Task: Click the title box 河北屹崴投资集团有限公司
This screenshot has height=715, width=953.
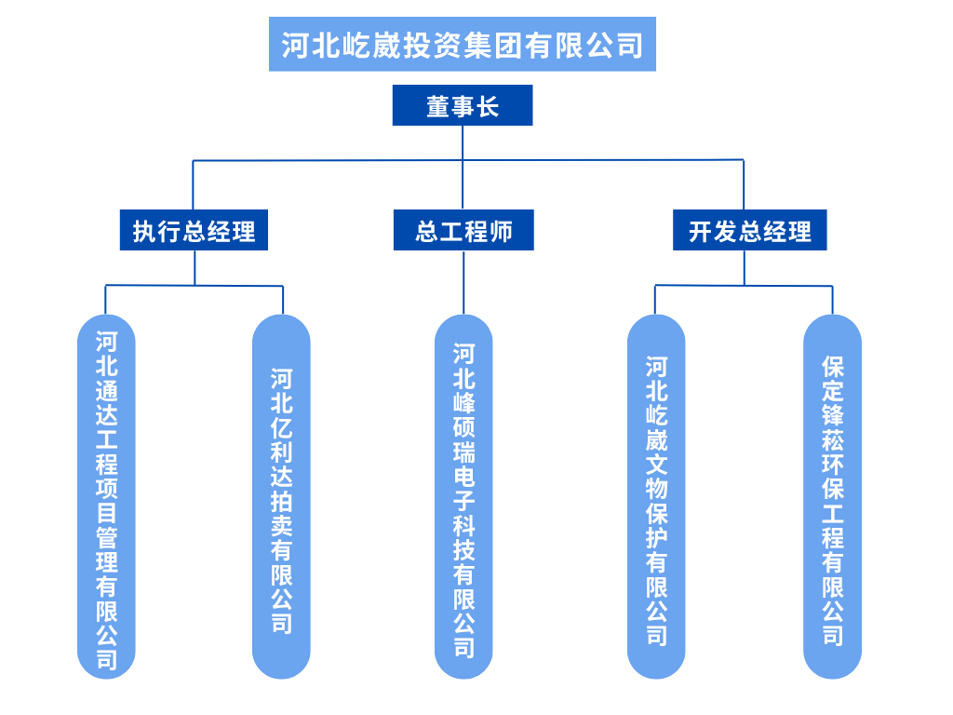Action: coord(462,45)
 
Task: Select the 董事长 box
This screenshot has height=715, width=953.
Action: coord(463,105)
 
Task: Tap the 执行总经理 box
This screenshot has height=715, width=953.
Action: coord(194,230)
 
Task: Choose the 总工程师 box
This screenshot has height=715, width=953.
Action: coord(463,230)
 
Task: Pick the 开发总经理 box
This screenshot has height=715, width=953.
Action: coord(750,230)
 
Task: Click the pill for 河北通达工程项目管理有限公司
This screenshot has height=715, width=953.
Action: coord(106,497)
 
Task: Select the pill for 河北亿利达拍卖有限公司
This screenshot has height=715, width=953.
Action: coord(281,497)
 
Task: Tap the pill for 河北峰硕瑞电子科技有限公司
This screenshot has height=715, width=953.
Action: coord(463,497)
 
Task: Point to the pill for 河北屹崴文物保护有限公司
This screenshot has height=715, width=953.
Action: coord(656,497)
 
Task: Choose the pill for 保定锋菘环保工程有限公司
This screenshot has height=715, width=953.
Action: coord(833,497)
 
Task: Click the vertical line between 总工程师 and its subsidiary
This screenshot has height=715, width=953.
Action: coord(463,283)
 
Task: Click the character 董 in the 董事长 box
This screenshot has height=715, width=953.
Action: coord(437,106)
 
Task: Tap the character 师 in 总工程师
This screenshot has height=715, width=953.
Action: coord(501,232)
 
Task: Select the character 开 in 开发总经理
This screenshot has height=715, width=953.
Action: coord(701,232)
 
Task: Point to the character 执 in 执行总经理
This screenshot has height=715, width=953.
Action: coord(145,232)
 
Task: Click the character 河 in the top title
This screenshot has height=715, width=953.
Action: coord(295,46)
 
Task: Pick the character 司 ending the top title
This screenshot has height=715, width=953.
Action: coord(630,46)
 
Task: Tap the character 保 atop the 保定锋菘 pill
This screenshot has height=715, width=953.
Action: coord(833,367)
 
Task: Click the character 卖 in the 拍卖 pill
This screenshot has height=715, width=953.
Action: coord(281,526)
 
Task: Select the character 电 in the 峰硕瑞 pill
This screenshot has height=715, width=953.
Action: coord(463,477)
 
